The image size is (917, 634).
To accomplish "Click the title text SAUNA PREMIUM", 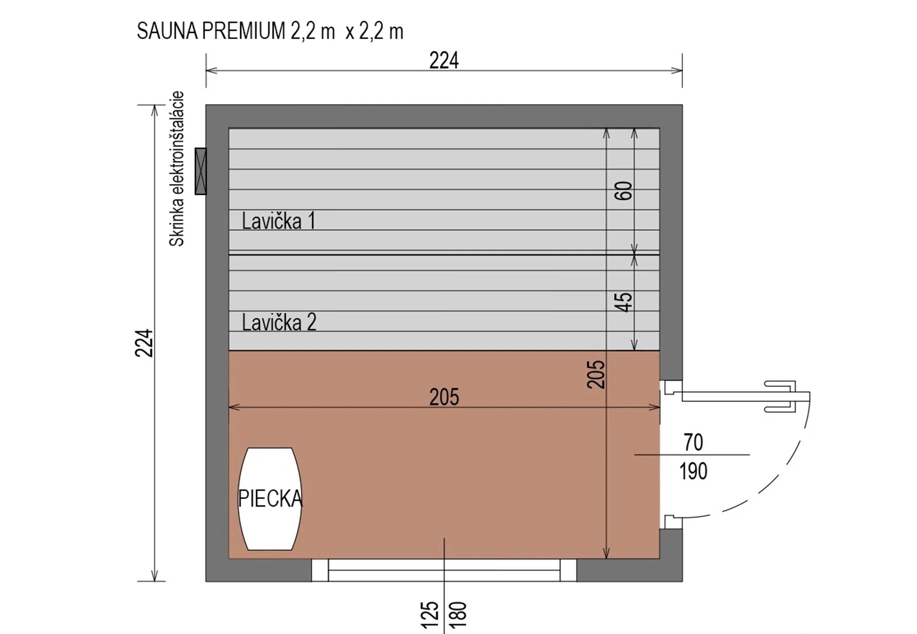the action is tap(211, 31).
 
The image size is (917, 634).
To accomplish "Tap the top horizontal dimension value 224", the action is tap(444, 61).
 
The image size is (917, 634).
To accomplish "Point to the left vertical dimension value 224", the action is tap(145, 343).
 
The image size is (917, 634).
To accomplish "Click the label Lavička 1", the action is tap(278, 221).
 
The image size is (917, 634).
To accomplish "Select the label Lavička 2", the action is tap(279, 322).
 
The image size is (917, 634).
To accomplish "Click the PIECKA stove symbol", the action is tap(269, 499).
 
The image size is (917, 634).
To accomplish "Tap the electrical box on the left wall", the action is tap(201, 171).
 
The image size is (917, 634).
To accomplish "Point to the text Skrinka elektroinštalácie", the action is tap(176, 169).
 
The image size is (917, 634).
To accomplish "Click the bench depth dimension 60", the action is tap(623, 191).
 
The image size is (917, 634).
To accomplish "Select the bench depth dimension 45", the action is tap(623, 302).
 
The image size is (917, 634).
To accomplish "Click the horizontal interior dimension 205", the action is tap(444, 397).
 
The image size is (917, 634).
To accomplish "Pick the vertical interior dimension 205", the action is tap(596, 374).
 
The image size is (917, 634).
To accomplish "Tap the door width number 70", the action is tap(693, 442).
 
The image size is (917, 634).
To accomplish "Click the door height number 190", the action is tap(693, 471).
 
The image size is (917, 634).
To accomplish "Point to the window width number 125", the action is tap(430, 614).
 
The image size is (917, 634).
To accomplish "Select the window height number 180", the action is tap(458, 614).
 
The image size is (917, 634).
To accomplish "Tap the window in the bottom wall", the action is tap(444, 570).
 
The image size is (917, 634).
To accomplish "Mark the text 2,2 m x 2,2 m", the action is tap(347, 31).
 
